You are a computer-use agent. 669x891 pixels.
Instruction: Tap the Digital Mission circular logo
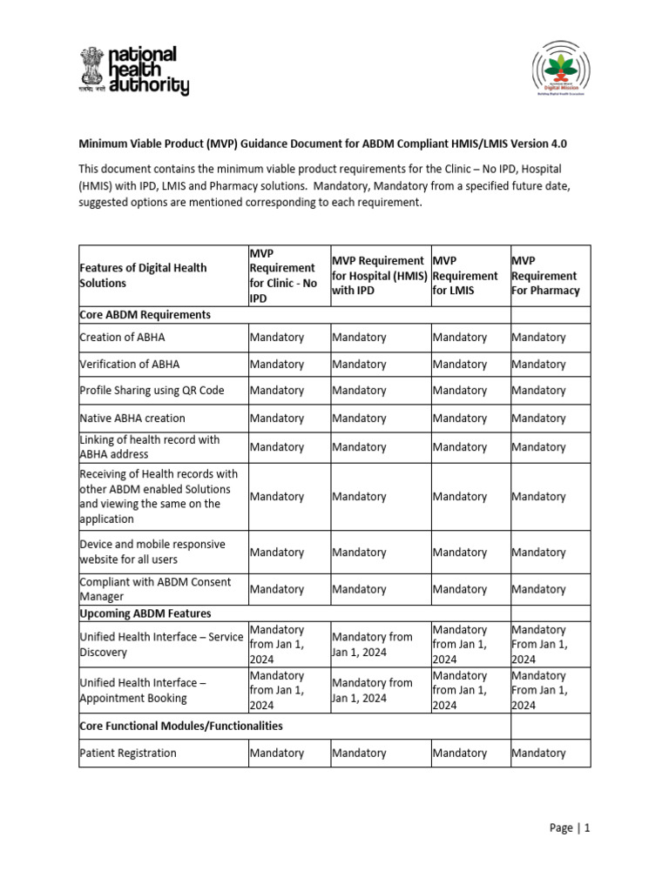(571, 74)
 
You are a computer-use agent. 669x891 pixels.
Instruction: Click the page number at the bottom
(571, 828)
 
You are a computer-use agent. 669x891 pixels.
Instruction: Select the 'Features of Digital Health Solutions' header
(143, 275)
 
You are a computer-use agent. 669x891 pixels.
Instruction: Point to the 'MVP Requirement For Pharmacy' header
(545, 275)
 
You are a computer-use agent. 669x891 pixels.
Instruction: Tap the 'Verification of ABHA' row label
(130, 364)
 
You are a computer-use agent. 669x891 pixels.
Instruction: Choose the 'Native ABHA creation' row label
(132, 418)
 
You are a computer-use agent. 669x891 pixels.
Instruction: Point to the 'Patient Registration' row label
(127, 753)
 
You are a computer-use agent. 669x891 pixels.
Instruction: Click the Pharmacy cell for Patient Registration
(538, 753)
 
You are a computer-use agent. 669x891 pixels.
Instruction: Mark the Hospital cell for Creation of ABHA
(359, 337)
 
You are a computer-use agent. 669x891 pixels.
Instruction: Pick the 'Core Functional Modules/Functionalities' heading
(180, 725)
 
